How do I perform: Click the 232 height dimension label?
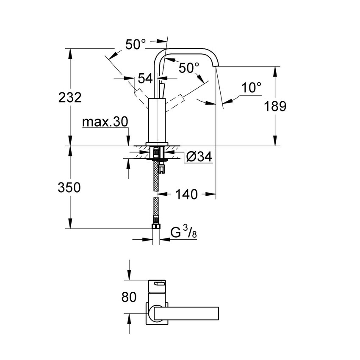pos(69,97)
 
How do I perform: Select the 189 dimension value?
pos(275,106)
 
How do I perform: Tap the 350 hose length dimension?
pos(69,187)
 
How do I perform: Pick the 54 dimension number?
pos(145,78)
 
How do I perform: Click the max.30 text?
pos(105,122)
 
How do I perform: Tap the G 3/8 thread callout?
pos(183,233)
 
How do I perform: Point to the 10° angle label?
pos(252,88)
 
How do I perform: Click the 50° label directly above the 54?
pos(136,44)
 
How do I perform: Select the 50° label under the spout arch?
pos(188,68)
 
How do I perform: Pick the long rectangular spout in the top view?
pos(186,312)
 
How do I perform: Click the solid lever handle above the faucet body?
pos(161,89)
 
